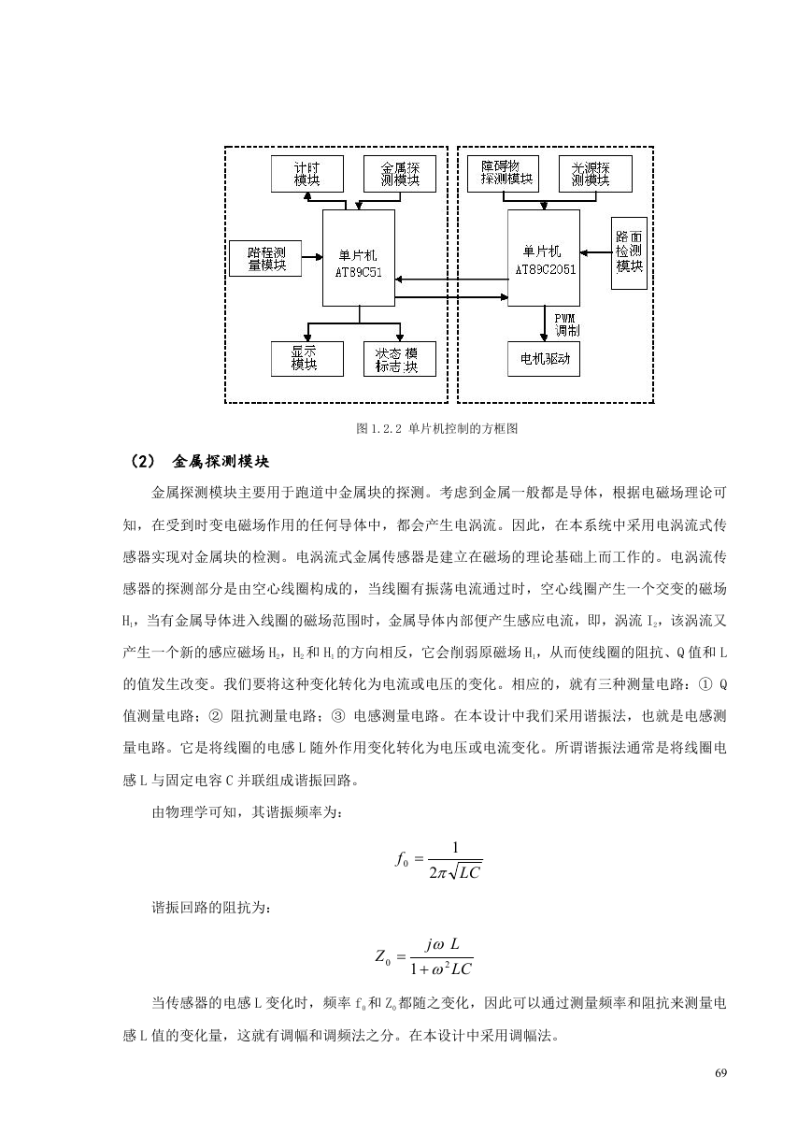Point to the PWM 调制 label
(567, 325)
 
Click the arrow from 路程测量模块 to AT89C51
(312, 257)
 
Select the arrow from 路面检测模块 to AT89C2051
(596, 252)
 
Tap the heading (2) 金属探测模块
(200, 462)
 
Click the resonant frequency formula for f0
(438, 861)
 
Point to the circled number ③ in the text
(338, 716)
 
